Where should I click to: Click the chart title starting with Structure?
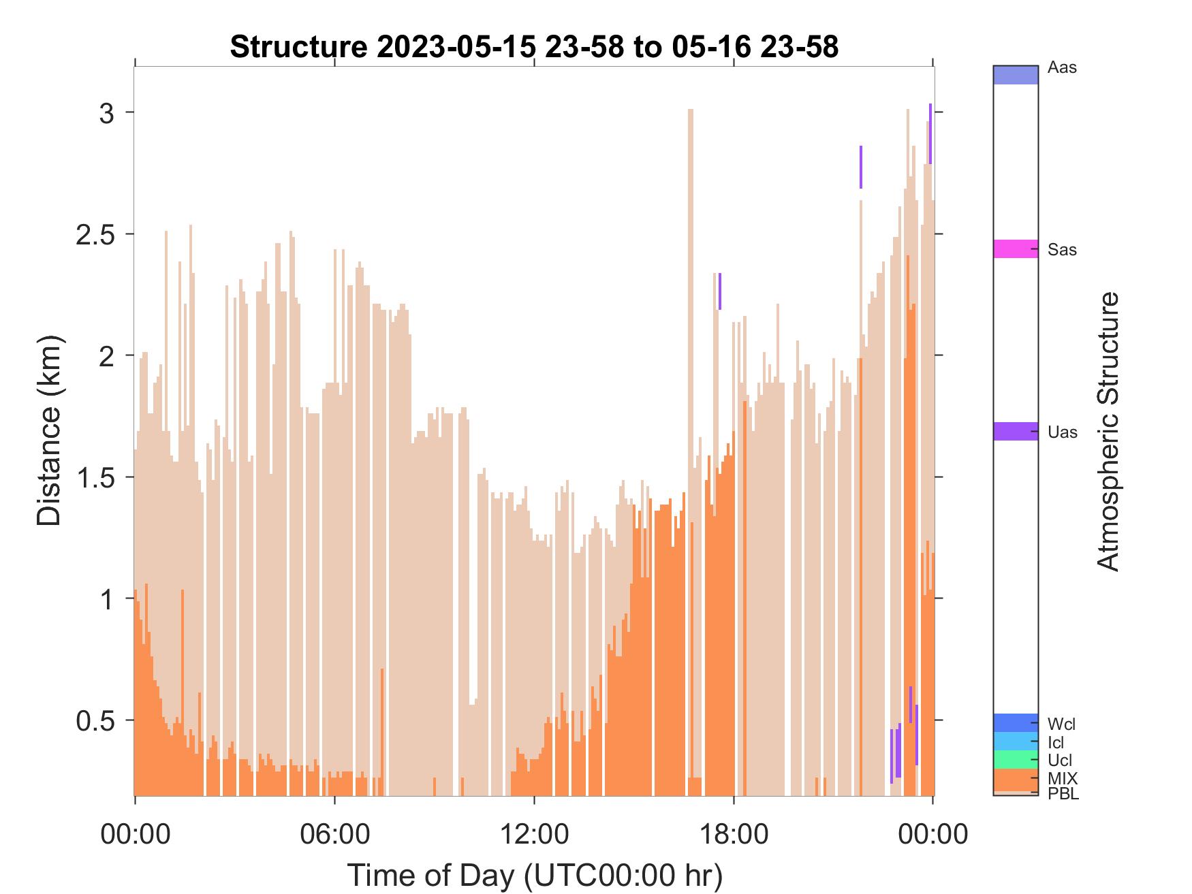pyautogui.click(x=534, y=47)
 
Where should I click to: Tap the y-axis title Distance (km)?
pyautogui.click(x=49, y=430)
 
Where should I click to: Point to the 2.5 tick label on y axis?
pyautogui.click(x=95, y=234)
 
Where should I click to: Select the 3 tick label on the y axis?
pyautogui.click(x=107, y=113)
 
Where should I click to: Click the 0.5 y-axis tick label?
pyautogui.click(x=95, y=720)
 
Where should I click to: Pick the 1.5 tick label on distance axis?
pyautogui.click(x=95, y=477)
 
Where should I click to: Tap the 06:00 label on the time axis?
pyautogui.click(x=334, y=834)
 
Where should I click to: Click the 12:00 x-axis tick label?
pyautogui.click(x=534, y=834)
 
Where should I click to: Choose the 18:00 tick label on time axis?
pyautogui.click(x=734, y=834)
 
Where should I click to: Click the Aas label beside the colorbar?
pyautogui.click(x=1062, y=68)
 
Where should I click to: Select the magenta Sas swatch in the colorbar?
pyautogui.click(x=1016, y=249)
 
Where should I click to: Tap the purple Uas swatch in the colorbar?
pyautogui.click(x=1016, y=431)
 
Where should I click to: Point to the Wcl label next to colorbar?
pyautogui.click(x=1062, y=724)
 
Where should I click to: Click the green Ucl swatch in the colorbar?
pyautogui.click(x=1016, y=759)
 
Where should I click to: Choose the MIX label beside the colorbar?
pyautogui.click(x=1063, y=778)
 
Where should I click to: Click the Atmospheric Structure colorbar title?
pyautogui.click(x=1108, y=431)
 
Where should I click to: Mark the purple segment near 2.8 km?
pyautogui.click(x=861, y=167)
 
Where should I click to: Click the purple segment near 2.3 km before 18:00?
pyautogui.click(x=719, y=291)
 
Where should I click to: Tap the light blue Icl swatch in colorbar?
pyautogui.click(x=1016, y=741)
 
